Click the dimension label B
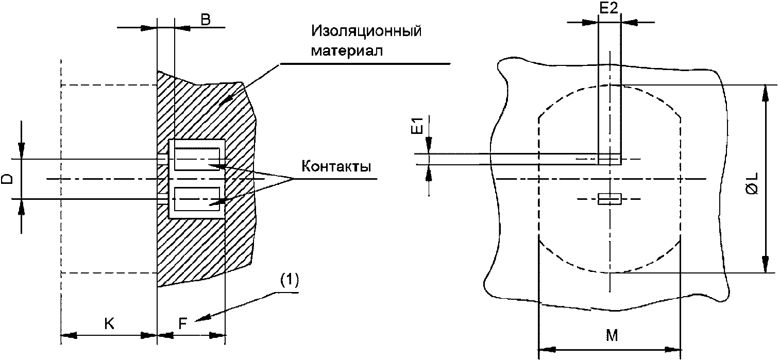coord(206,20)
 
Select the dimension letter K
coord(109,323)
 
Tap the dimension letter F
coord(183,323)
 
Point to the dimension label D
coord(7,179)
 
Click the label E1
coord(418,126)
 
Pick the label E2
coord(609,8)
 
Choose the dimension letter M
coord(612,335)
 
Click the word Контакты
coord(336,166)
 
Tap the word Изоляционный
coord(366,31)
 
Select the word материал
coord(347,51)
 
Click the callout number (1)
coord(289,281)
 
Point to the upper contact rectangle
coord(197,159)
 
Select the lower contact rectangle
coord(197,199)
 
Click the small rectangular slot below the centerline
coord(609,199)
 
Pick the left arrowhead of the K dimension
coord(69,336)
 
